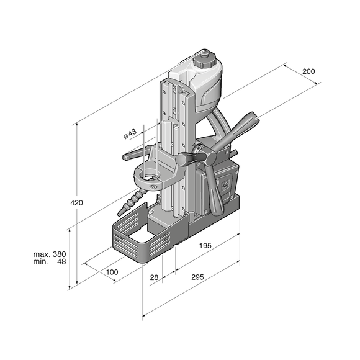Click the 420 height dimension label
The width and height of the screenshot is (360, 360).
coord(76,203)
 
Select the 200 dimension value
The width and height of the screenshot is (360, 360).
coord(308,71)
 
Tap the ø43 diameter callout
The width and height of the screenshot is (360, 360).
coord(130,134)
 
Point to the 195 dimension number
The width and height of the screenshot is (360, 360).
coord(205,246)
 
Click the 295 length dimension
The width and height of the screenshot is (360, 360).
coord(197,277)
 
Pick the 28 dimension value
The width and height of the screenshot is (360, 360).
coord(154,277)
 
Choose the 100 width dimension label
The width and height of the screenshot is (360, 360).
coord(112,272)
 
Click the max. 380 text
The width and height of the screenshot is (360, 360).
coord(50,254)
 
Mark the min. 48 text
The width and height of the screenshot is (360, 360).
coord(50,261)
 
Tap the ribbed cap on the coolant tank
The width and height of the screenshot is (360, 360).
coord(204,60)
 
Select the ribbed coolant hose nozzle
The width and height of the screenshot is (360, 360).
coord(131,202)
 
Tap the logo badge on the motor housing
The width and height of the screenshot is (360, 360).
coord(225,184)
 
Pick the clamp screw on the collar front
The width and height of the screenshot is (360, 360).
coord(153,187)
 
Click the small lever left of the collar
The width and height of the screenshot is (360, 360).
coord(135,153)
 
